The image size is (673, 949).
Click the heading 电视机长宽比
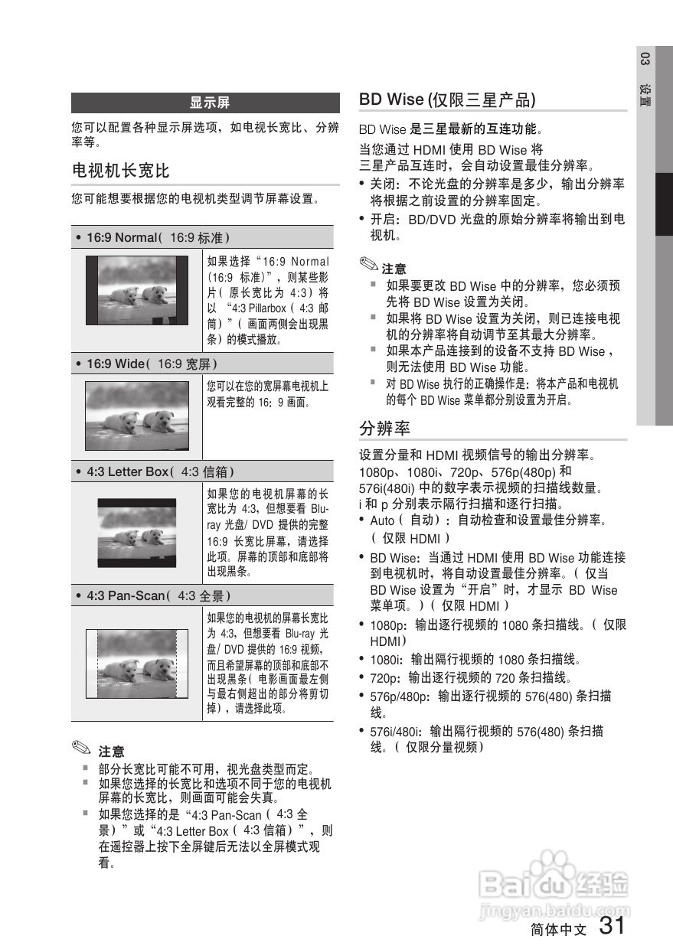coord(120,170)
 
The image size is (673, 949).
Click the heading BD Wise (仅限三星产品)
coord(447,99)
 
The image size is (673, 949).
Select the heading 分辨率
coord(384,428)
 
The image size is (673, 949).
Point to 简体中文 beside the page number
coord(558,930)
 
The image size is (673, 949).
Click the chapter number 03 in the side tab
coord(645,60)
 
